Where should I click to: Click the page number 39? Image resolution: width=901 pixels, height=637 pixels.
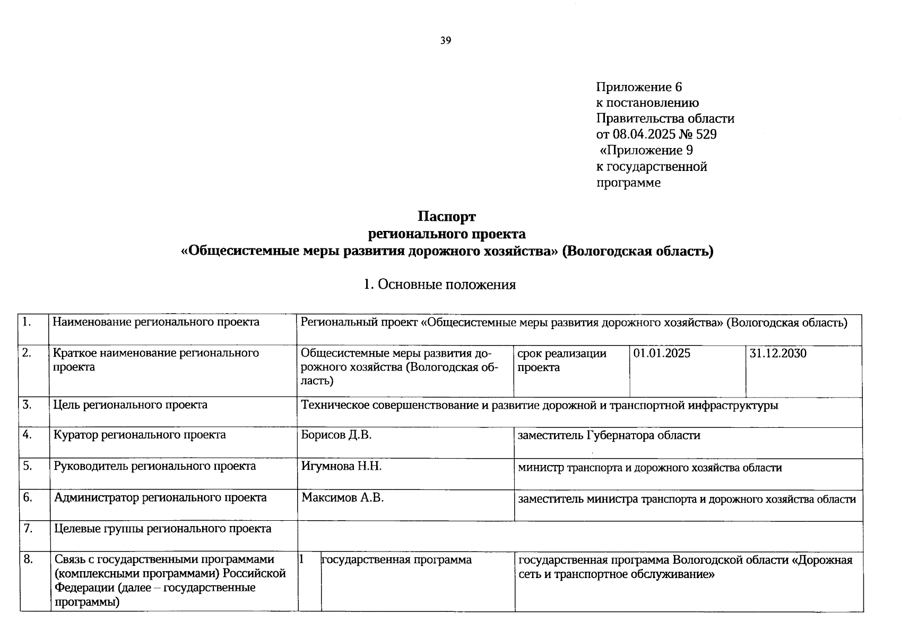click(445, 40)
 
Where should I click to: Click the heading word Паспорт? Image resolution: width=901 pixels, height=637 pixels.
click(446, 217)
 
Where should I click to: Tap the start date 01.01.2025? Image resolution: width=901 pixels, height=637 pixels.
click(662, 354)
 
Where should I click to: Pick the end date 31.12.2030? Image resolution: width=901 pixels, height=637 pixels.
click(778, 354)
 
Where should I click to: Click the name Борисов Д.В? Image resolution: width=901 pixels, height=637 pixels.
click(336, 435)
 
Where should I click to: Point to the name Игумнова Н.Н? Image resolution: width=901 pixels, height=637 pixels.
click(341, 466)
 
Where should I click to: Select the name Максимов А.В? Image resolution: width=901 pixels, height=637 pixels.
click(342, 497)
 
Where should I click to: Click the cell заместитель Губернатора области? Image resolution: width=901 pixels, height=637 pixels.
click(609, 435)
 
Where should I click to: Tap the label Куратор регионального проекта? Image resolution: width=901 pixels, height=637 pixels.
click(140, 435)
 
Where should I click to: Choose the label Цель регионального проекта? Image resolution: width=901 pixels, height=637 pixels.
click(130, 405)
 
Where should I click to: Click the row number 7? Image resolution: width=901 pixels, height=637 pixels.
click(28, 529)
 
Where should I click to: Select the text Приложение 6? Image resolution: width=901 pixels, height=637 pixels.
click(639, 87)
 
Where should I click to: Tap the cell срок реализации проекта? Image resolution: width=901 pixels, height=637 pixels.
click(562, 360)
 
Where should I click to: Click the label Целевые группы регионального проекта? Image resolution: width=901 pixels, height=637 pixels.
click(162, 529)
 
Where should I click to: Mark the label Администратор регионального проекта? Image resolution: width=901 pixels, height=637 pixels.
click(160, 497)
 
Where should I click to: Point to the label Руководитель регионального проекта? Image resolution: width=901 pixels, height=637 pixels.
click(154, 466)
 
